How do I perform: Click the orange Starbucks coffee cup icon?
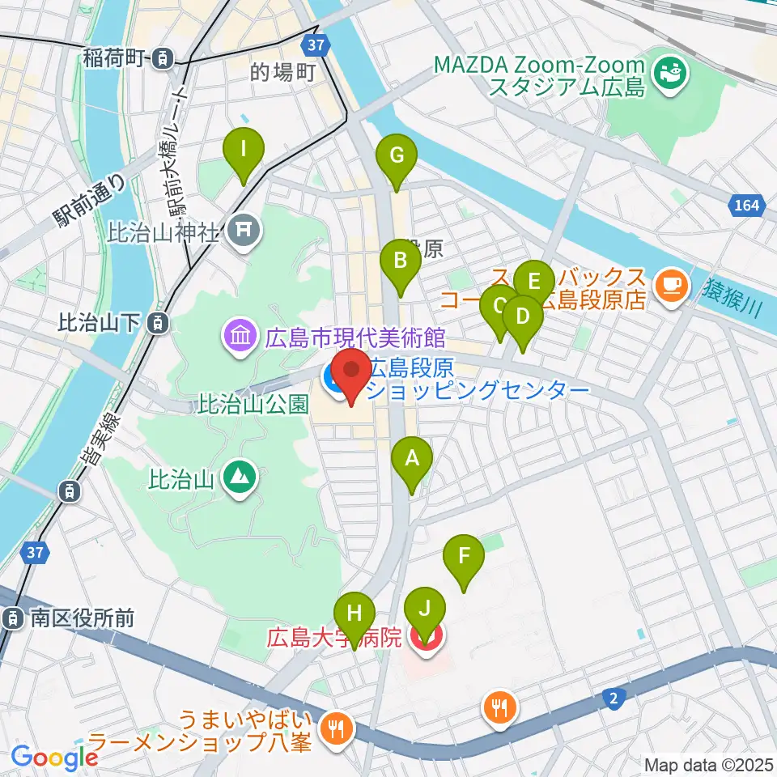[671, 283]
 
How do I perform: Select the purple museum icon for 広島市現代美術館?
[240, 334]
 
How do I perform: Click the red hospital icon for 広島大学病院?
[423, 638]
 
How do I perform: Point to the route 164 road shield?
[747, 206]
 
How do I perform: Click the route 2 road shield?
[617, 696]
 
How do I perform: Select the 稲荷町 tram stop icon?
[164, 57]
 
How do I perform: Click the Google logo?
[55, 757]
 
